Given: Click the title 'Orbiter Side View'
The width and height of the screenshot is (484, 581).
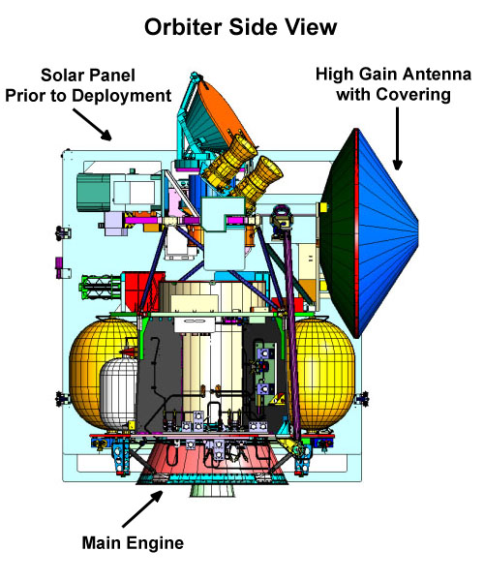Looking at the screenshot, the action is point(240,27).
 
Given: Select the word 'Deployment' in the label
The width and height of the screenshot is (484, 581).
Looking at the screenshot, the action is point(121,96).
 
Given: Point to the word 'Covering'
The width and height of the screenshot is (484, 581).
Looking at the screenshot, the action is point(413,95).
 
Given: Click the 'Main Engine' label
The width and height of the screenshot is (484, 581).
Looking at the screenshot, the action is point(133,543).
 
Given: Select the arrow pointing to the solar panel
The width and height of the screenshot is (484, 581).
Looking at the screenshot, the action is point(92,125).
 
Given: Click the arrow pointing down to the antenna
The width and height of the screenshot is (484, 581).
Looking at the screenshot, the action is point(397,138).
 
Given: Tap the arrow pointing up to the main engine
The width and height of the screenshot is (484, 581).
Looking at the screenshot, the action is point(142,508).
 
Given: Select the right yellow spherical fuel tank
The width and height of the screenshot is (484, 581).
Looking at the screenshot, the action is point(323,371).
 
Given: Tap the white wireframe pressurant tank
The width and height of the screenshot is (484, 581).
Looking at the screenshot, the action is point(118,393).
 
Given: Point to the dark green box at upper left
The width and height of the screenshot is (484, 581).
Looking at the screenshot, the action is point(93,193).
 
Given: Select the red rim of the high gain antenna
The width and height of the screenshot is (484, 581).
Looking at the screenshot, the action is point(356,232).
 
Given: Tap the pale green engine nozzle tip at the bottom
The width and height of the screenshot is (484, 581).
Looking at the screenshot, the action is point(212,490).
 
